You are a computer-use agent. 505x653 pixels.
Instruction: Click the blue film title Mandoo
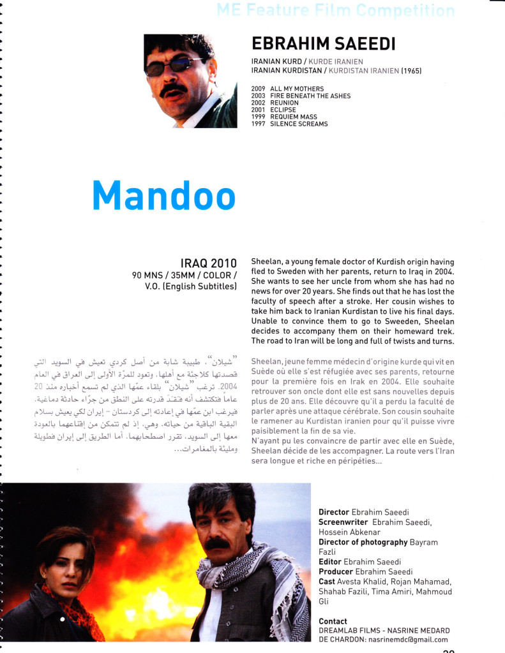coord(163,195)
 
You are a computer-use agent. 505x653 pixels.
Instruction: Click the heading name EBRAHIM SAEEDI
coord(324,43)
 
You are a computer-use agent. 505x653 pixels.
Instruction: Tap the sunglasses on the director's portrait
coord(172,66)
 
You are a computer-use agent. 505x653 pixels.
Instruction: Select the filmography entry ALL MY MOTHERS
coord(296,89)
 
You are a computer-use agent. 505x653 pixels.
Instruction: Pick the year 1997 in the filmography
coord(258,124)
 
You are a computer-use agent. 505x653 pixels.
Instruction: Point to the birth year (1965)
coord(411,71)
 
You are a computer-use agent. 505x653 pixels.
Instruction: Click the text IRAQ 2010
coord(209,263)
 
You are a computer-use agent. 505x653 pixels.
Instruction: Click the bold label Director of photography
coord(363,542)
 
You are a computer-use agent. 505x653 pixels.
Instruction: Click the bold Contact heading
coord(333,621)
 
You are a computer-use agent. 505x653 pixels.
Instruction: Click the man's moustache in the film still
coord(218,543)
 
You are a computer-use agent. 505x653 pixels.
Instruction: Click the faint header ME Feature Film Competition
coord(335,10)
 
